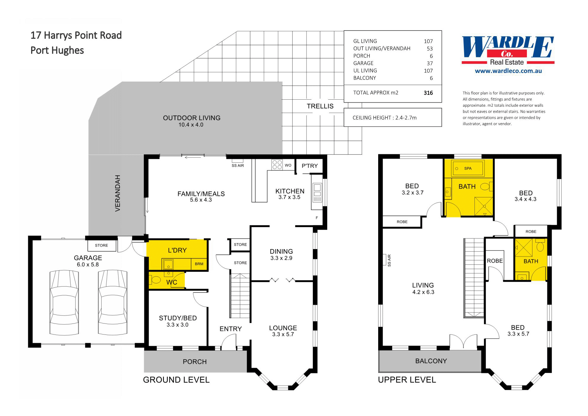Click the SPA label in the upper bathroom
pos(468,168)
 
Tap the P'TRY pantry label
pos(309,166)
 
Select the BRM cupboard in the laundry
pos(199,264)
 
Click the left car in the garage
pos(64,302)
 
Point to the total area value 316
pos(428,93)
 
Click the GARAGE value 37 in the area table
pos(430,63)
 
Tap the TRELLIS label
pos(320,106)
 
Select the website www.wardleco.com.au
pos(508,71)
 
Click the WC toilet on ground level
pos(156,279)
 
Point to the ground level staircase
pos(240,297)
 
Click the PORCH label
pos(194,362)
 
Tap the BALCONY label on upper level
pos(431,361)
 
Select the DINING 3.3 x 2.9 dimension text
pos(281,258)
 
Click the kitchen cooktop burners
pos(277,165)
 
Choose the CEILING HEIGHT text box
pos(392,118)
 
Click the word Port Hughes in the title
pos(57,50)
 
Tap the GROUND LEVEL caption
pos(176,380)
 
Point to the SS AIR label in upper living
pos(389,260)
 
